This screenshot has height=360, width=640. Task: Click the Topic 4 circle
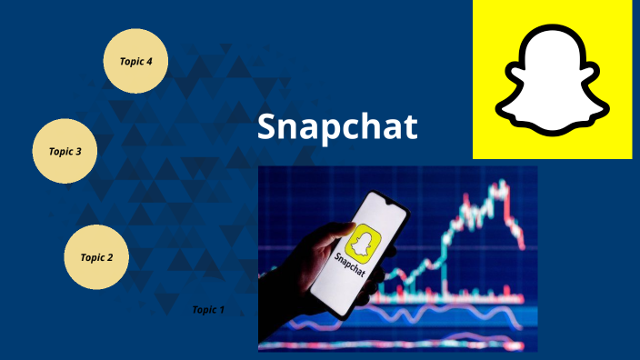[136, 61]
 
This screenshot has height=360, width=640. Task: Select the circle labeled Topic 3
[65, 151]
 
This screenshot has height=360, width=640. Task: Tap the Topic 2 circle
[96, 257]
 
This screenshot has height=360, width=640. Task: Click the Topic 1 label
[207, 310]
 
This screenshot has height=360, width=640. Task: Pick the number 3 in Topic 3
[78, 152]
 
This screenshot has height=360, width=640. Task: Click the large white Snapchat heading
[336, 127]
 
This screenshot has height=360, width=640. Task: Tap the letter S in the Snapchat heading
[266, 127]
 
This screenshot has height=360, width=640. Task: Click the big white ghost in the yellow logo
[552, 80]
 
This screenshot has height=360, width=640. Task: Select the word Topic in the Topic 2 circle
[92, 257]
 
